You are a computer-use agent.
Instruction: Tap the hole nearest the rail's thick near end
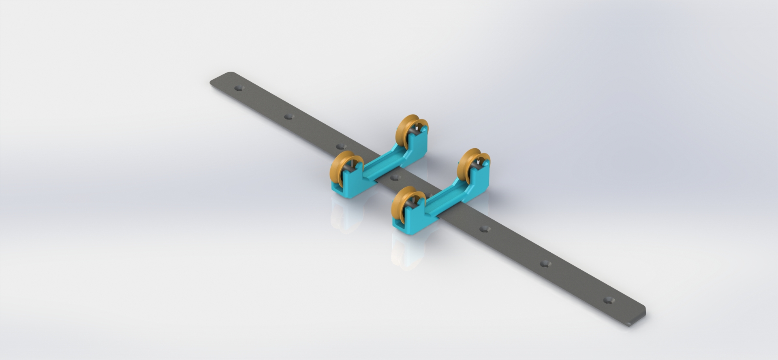coord(608,300)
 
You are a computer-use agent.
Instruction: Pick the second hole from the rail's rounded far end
coord(288,117)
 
